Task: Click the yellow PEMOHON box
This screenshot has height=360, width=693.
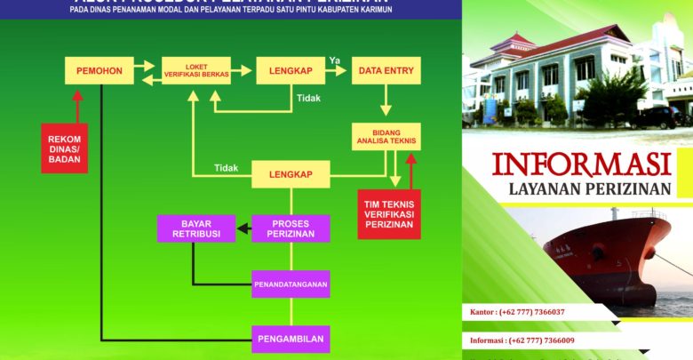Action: pos(99,70)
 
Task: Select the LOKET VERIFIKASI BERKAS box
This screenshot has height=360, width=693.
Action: pos(195,70)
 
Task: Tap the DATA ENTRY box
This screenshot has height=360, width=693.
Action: pos(386,70)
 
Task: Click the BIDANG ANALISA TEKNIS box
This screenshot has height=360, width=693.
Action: pos(386,136)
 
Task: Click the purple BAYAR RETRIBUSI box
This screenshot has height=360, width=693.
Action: pos(195,228)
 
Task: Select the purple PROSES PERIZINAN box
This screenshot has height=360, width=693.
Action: pos(291,228)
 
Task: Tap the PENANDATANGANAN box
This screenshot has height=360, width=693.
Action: pos(291,284)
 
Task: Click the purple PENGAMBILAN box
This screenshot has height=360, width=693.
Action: pos(291,339)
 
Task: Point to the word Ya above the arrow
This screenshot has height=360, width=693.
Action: pos(335,60)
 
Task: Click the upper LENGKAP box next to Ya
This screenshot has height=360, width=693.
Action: pos(291,70)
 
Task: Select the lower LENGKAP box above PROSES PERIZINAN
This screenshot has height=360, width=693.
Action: pos(291,174)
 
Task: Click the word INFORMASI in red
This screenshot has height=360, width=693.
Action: pos(580,165)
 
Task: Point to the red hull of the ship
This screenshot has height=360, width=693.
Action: pos(604,258)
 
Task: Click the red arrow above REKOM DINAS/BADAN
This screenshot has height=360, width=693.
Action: pos(77,106)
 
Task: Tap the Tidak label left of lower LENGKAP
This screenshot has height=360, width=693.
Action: pos(226,168)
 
